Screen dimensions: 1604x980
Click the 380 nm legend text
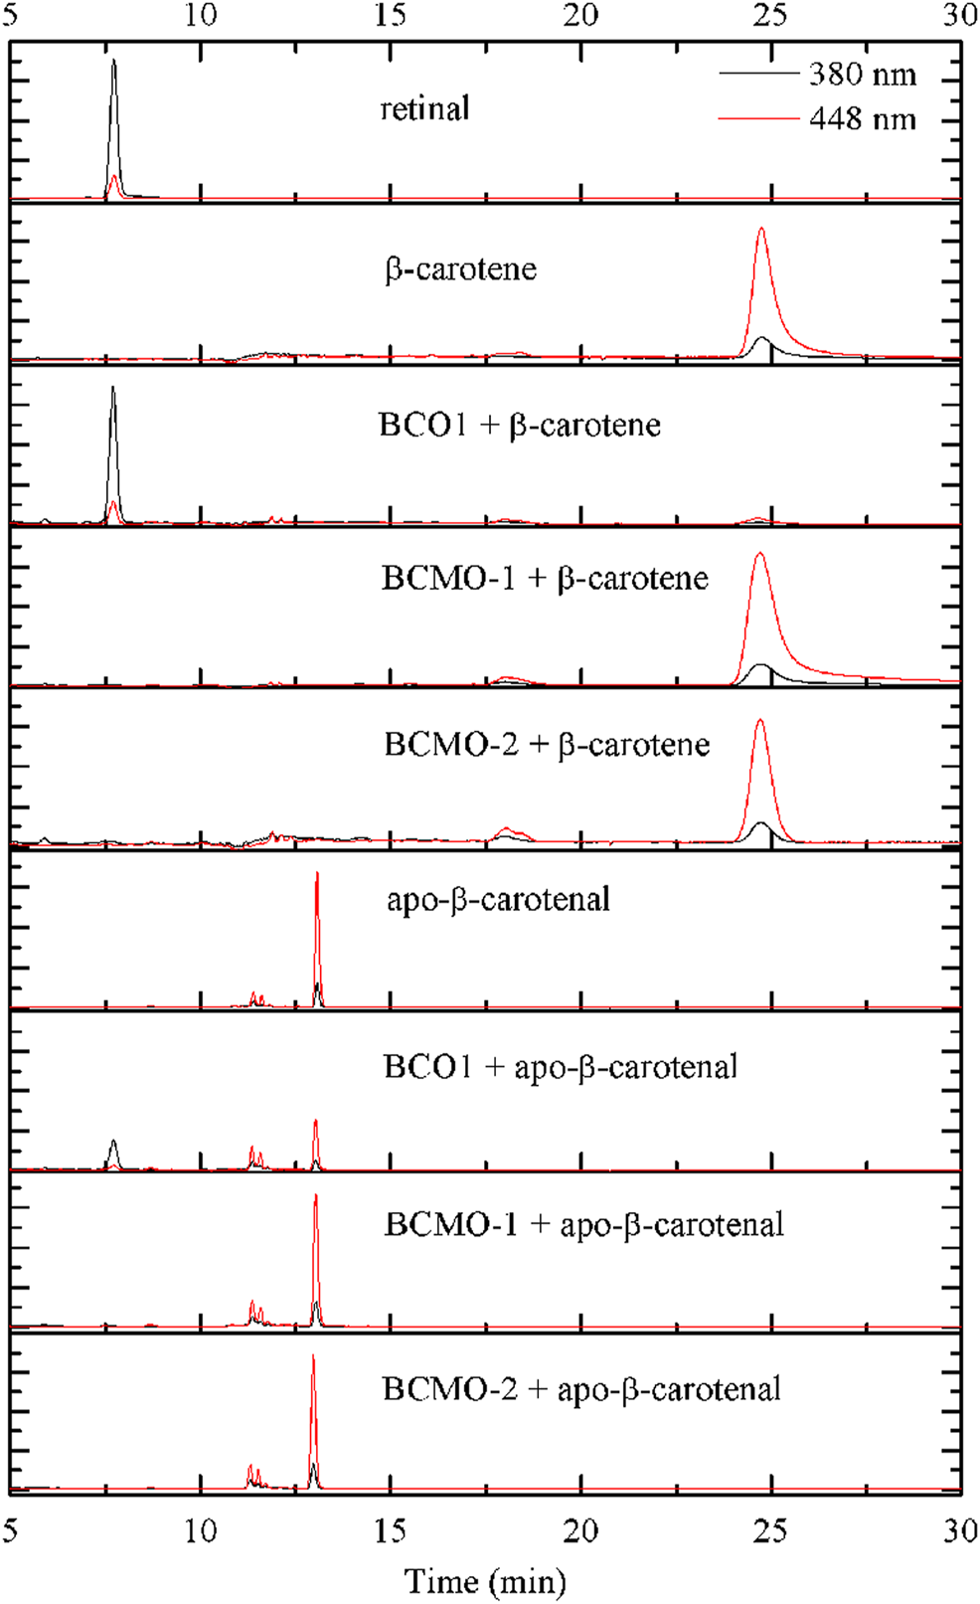click(x=862, y=75)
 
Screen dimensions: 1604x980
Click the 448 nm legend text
click(x=862, y=119)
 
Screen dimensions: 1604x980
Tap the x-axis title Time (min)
click(x=485, y=1580)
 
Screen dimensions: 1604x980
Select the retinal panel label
click(x=424, y=108)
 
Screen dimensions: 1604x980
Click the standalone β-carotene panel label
click(x=461, y=269)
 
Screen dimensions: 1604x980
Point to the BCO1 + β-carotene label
click(x=520, y=426)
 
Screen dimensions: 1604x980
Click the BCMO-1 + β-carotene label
click(x=545, y=579)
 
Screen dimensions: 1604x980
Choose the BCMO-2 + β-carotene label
click(x=547, y=745)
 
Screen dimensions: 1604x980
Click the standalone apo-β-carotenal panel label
click(x=498, y=900)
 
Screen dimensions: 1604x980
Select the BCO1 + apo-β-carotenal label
click(x=561, y=1067)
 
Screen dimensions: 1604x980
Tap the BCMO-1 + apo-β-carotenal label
click(x=584, y=1224)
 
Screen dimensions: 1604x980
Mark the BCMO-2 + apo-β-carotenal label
click(x=581, y=1389)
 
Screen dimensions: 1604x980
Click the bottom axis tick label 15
click(x=391, y=1530)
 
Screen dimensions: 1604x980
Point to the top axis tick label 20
click(x=580, y=15)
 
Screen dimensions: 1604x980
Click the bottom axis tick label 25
click(x=770, y=1530)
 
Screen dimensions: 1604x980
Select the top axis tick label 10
click(x=201, y=15)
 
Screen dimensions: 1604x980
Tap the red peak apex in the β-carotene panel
click(x=761, y=230)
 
